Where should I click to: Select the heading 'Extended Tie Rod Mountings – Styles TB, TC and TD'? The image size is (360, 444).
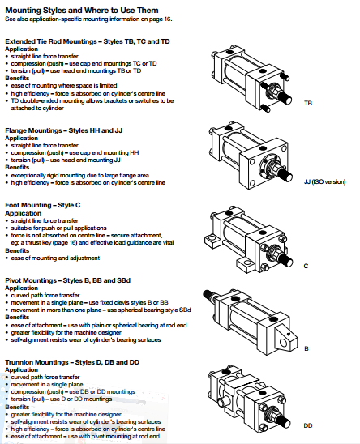[88, 41]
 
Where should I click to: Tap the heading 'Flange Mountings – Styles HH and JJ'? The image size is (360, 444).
[64, 130]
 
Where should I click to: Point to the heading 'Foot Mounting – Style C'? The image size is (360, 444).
[43, 205]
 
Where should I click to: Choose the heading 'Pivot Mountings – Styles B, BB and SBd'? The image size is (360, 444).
[68, 280]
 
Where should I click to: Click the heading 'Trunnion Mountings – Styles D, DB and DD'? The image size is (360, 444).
[72, 362]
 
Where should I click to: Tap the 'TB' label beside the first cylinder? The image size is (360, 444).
[308, 103]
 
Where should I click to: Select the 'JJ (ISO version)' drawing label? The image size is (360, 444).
[325, 181]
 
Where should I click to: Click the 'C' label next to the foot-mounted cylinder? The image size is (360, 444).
[306, 266]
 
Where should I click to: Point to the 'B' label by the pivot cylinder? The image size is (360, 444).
[306, 348]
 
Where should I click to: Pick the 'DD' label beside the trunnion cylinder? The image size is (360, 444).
[308, 425]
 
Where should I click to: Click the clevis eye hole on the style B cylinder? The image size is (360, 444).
[283, 343]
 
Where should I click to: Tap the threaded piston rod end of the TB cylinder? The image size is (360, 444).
[285, 98]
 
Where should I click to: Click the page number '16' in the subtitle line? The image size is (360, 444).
[168, 19]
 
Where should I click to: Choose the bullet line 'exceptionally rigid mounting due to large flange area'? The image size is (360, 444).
[80, 175]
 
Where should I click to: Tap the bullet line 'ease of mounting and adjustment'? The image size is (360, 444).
[55, 258]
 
